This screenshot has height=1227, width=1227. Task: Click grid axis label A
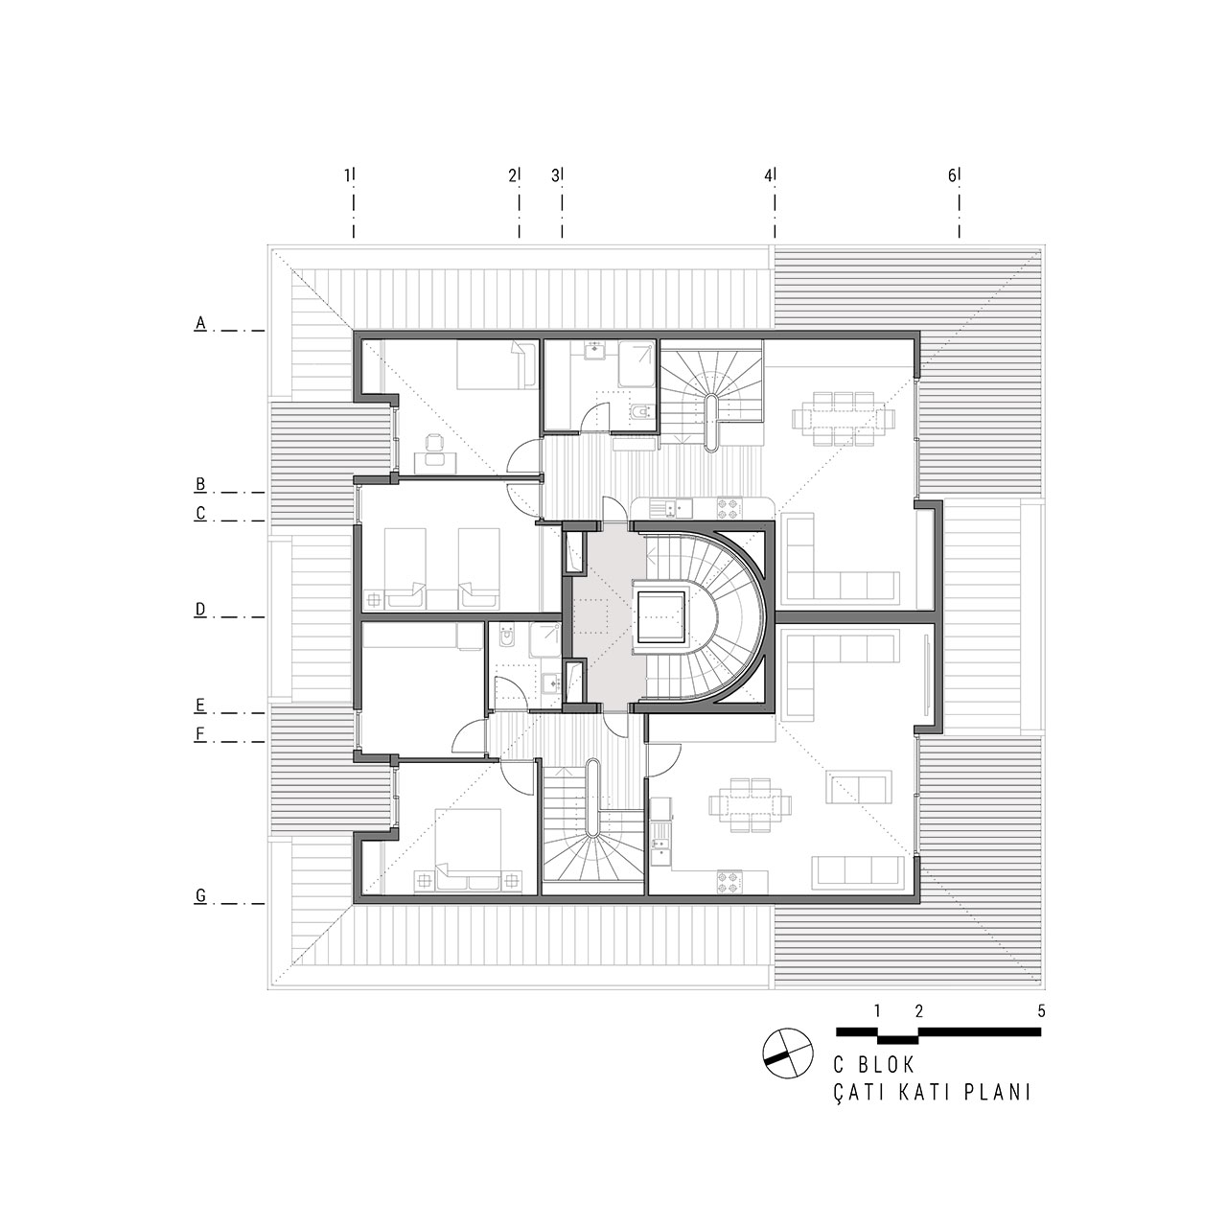[x=200, y=323]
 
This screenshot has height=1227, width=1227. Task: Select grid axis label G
[x=200, y=896]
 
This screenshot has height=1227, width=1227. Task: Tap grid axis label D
[x=200, y=610]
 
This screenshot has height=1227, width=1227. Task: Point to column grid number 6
[x=952, y=175]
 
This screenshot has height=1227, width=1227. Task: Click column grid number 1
[x=348, y=175]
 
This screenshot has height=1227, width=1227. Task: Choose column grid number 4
[x=769, y=175]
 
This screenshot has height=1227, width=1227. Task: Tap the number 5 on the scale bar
[x=1042, y=1029]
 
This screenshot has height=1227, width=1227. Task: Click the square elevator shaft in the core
[x=661, y=617]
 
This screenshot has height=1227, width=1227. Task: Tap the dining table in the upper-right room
[x=842, y=418]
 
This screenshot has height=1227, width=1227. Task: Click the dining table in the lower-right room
[x=750, y=805]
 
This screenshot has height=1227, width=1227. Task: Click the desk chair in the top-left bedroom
[x=435, y=441]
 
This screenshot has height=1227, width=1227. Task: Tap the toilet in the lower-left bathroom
[x=507, y=638]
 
